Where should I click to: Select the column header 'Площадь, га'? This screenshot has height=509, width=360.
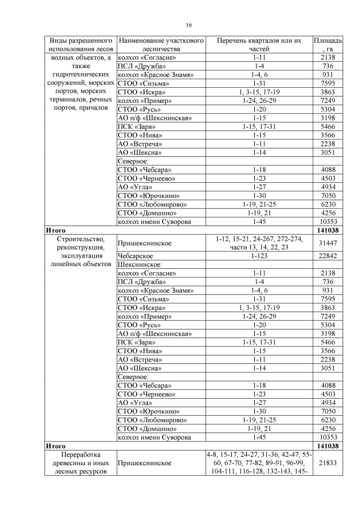327,45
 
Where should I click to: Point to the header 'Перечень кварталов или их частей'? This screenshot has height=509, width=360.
259,45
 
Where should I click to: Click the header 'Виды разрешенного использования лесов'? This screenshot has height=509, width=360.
79,45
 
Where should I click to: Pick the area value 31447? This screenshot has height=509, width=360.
327,243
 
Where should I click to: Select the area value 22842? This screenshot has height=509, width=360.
327,256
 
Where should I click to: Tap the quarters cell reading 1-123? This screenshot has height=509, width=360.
259,256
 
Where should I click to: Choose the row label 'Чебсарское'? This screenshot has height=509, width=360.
136,256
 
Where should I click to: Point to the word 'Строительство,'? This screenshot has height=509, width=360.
79,239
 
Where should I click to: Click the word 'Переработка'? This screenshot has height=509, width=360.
79,453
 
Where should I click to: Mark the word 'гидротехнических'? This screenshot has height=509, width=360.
79,74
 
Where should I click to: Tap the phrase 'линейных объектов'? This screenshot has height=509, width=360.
79,264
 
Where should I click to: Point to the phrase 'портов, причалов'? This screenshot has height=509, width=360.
79,107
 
